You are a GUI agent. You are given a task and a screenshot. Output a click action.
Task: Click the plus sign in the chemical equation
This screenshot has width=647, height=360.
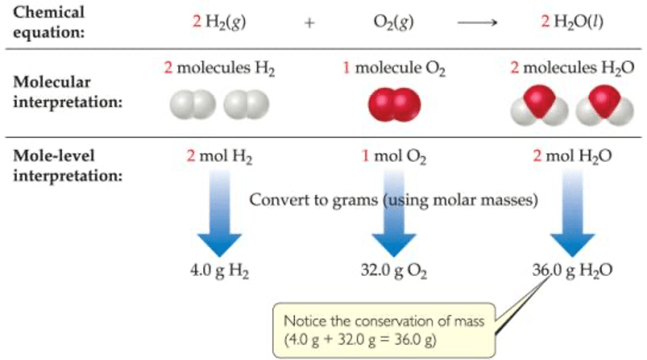tap(308, 23)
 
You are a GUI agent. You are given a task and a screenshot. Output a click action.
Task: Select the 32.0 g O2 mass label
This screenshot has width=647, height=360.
tap(394, 270)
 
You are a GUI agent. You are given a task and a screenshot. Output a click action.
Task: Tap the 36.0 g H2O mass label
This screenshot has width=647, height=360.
tap(572, 270)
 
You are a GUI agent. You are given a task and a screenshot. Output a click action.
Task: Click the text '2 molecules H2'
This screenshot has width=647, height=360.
tap(220, 69)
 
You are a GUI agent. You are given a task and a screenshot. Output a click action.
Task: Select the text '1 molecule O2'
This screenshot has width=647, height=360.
tap(394, 69)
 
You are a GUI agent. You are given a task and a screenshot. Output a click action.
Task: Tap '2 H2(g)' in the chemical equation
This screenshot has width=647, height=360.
tap(219, 22)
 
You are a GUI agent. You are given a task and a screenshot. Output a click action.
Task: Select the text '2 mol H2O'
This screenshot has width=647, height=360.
tap(572, 156)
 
